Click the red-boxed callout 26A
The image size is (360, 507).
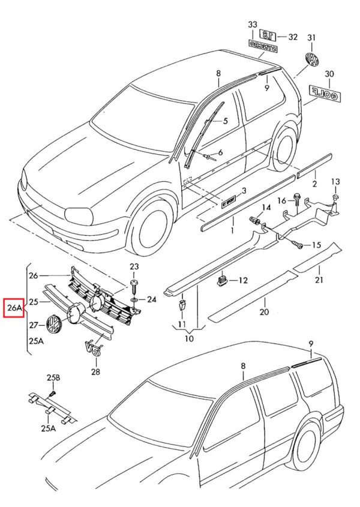[14, 308]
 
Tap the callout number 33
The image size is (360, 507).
[252, 25]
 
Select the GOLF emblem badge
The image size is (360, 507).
[323, 92]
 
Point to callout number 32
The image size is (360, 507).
[293, 37]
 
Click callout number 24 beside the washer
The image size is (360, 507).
[151, 299]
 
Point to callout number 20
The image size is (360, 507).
[264, 312]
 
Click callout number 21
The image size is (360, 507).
[319, 280]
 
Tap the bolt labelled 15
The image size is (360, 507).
[298, 244]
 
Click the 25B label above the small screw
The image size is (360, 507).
[54, 377]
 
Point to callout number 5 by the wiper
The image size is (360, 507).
[226, 121]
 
